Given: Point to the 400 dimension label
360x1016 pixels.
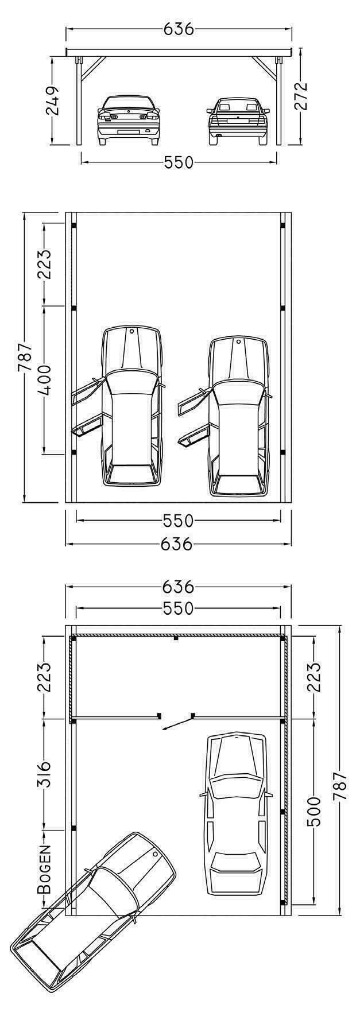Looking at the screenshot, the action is (44, 379).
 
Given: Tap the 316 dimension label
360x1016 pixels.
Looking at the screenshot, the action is (44, 773).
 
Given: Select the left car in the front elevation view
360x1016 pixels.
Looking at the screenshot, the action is (128, 119).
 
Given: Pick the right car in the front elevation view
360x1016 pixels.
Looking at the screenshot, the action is (238, 120).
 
